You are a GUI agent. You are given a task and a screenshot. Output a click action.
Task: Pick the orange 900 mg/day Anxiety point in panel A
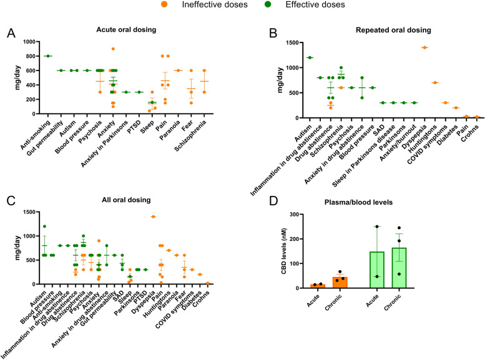114,49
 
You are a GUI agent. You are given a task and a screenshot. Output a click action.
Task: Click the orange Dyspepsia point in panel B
424,47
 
